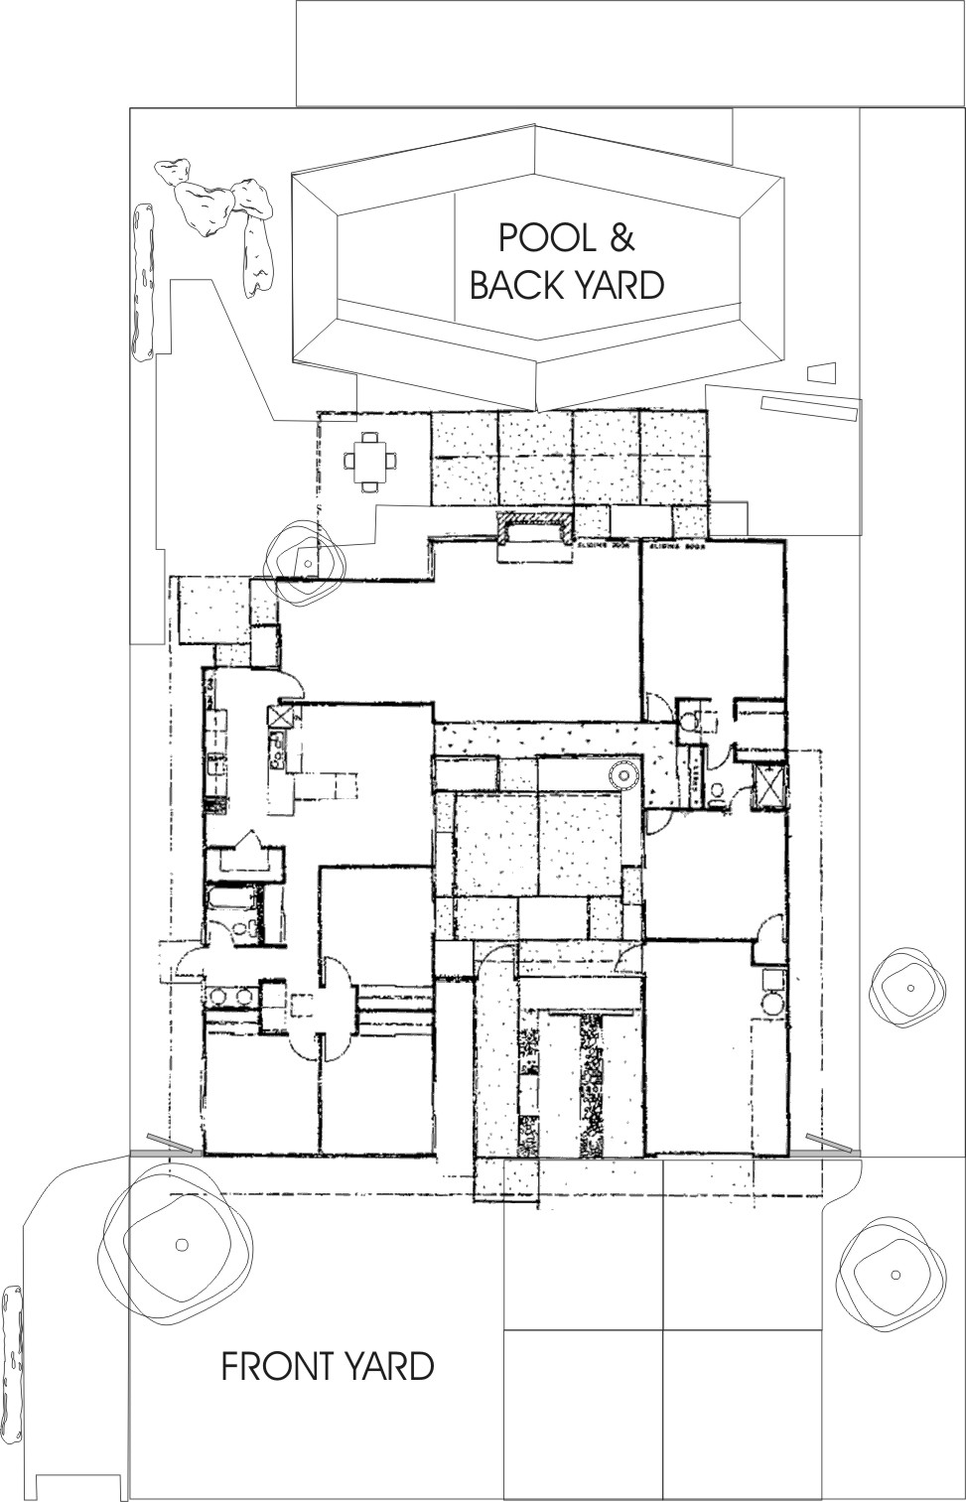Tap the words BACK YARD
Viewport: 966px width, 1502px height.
point(566,286)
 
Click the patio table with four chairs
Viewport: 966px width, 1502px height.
point(371,461)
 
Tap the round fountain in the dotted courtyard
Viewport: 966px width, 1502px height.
point(623,774)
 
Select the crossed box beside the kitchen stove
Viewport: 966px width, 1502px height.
point(281,716)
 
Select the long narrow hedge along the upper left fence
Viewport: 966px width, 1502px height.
point(144,283)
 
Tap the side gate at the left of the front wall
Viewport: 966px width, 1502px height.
point(169,1144)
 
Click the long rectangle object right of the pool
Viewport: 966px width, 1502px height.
point(807,409)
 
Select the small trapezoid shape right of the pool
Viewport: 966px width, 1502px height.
point(821,372)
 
